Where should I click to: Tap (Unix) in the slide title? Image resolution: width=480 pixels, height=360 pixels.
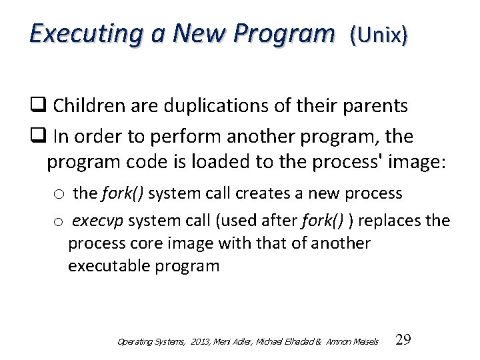(378, 34)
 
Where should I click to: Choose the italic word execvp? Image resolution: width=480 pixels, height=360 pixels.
(97, 220)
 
